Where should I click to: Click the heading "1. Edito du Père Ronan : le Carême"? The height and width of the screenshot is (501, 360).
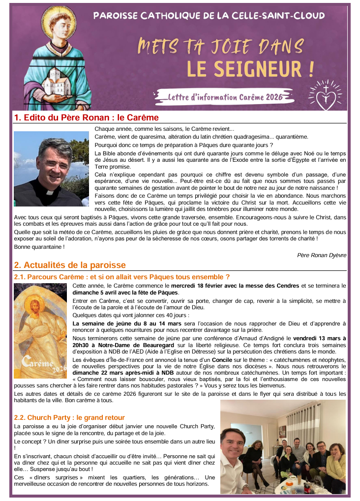(x=87, y=118)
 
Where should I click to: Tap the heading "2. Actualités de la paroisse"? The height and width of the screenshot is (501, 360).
(x=70, y=265)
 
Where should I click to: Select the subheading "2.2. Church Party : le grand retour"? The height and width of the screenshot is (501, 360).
(x=69, y=418)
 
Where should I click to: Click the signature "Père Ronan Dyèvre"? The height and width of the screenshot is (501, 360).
(x=322, y=255)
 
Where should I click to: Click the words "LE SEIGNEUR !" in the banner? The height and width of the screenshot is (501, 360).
(x=250, y=69)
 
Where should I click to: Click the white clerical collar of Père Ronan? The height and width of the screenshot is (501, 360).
(x=50, y=191)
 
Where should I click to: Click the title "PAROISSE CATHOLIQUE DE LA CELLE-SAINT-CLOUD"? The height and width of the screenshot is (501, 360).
(x=209, y=16)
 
